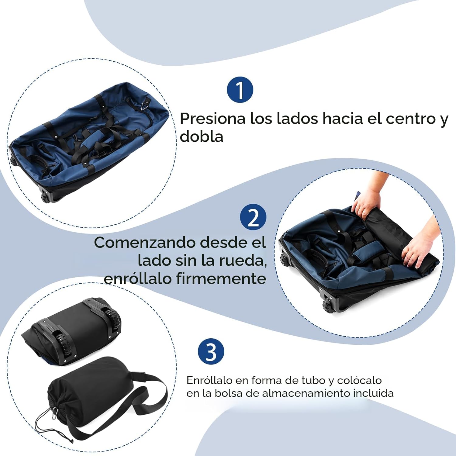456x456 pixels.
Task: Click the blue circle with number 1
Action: (240, 90)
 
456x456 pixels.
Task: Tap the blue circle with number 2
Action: (253, 217)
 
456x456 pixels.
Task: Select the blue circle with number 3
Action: (211, 352)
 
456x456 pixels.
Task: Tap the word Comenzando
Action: (145, 243)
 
